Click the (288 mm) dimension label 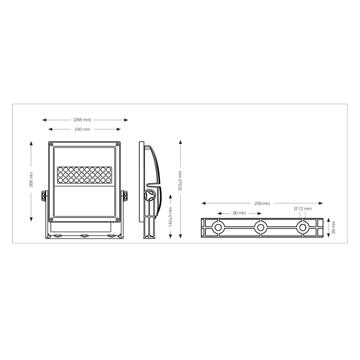pyautogui.click(x=82, y=120)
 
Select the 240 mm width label pyautogui.click(x=82, y=129)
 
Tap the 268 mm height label pyautogui.click(x=31, y=180)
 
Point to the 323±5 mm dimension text pyautogui.click(x=180, y=181)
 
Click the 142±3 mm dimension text pyautogui.click(x=170, y=217)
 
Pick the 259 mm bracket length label pyautogui.click(x=262, y=203)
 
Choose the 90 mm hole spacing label pyautogui.click(x=239, y=213)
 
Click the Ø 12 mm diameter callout pyautogui.click(x=303, y=209)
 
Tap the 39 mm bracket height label pyautogui.click(x=334, y=228)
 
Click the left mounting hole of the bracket pyautogui.click(x=218, y=228)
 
